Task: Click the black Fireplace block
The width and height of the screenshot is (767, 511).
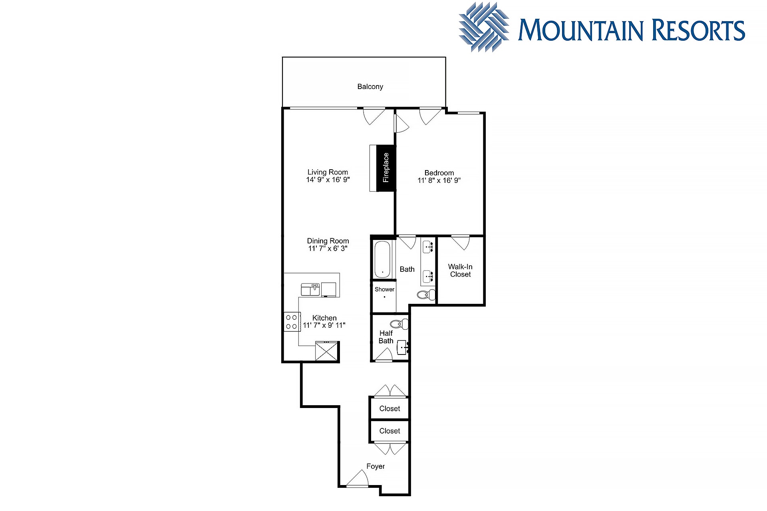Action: (386, 168)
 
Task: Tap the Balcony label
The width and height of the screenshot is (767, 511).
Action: (370, 87)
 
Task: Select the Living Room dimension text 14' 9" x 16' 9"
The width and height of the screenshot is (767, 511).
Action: (328, 180)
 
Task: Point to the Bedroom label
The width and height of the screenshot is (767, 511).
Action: (439, 173)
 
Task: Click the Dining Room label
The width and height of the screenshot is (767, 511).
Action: (328, 241)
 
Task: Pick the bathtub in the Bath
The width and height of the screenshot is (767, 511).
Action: (382, 259)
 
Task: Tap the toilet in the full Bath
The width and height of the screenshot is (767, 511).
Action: (426, 295)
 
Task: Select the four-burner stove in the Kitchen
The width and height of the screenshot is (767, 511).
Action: (292, 322)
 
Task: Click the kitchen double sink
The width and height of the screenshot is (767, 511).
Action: (310, 289)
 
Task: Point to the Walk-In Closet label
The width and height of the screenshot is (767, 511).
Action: (460, 271)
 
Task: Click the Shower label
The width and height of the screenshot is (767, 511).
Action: (384, 289)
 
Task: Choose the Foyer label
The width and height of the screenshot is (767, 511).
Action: (376, 466)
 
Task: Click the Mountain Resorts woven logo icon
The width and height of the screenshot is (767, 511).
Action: (484, 27)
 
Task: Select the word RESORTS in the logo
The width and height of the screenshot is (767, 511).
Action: (698, 30)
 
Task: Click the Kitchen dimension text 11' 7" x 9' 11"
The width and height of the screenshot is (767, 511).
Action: (324, 325)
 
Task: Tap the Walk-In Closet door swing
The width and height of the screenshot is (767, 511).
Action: (460, 243)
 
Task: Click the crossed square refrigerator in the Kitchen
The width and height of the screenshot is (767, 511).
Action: (327, 351)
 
